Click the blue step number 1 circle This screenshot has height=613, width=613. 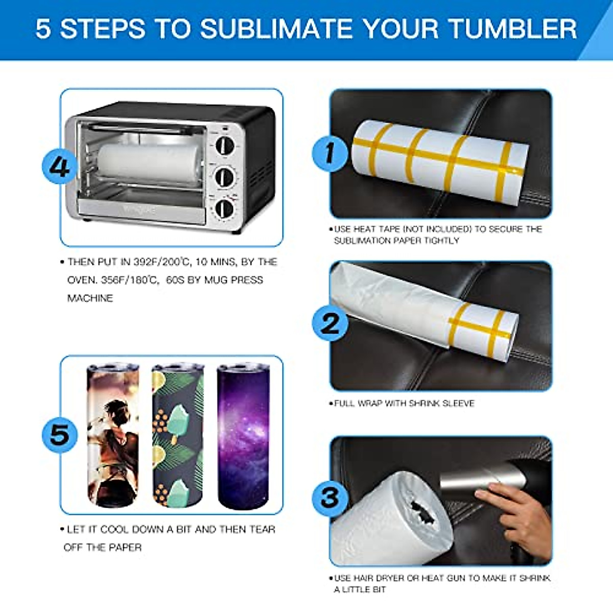pyautogui.click(x=329, y=153)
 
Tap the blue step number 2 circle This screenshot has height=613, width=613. pyautogui.click(x=329, y=323)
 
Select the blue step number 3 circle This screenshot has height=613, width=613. pyautogui.click(x=329, y=497)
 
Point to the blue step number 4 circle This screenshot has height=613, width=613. pyautogui.click(x=59, y=167)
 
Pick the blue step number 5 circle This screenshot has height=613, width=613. pyautogui.click(x=59, y=435)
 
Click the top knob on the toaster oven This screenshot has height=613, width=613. pyautogui.click(x=225, y=146)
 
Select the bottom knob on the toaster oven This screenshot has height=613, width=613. pyautogui.click(x=224, y=208)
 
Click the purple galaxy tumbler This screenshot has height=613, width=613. pyautogui.click(x=243, y=437)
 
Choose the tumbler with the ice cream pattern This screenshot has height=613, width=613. pyautogui.click(x=178, y=437)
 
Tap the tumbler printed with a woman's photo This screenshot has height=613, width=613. pyautogui.click(x=113, y=437)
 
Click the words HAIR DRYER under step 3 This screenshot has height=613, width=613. pyautogui.click(x=375, y=578)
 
